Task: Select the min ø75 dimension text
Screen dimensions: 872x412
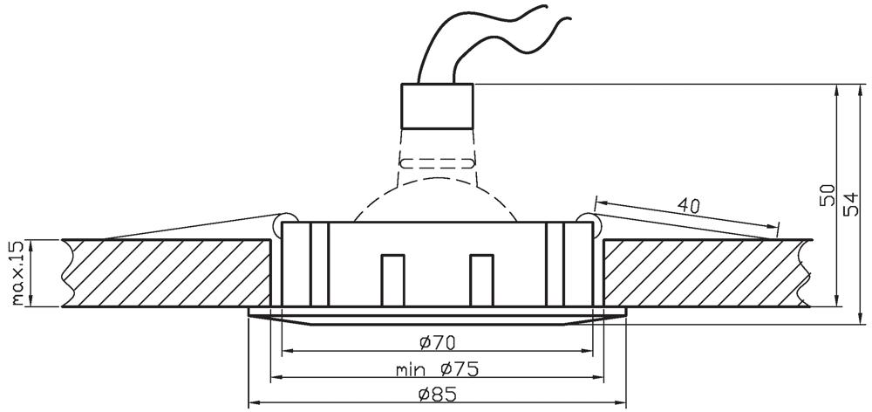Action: [x=437, y=369]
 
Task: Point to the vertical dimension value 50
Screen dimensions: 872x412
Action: [x=827, y=195]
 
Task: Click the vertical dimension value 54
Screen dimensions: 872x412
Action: [x=851, y=203]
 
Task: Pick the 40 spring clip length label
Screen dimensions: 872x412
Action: [x=689, y=205]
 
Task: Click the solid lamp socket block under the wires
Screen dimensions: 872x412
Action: [x=437, y=106]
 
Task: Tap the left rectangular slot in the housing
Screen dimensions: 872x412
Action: [x=392, y=280]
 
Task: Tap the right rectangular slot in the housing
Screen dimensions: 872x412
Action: [x=481, y=280]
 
